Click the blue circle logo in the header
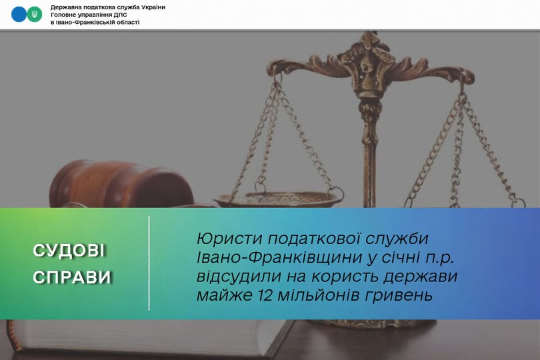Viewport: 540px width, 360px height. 19,14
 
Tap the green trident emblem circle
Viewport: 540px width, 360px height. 35,14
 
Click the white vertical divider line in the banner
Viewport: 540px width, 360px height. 149,263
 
